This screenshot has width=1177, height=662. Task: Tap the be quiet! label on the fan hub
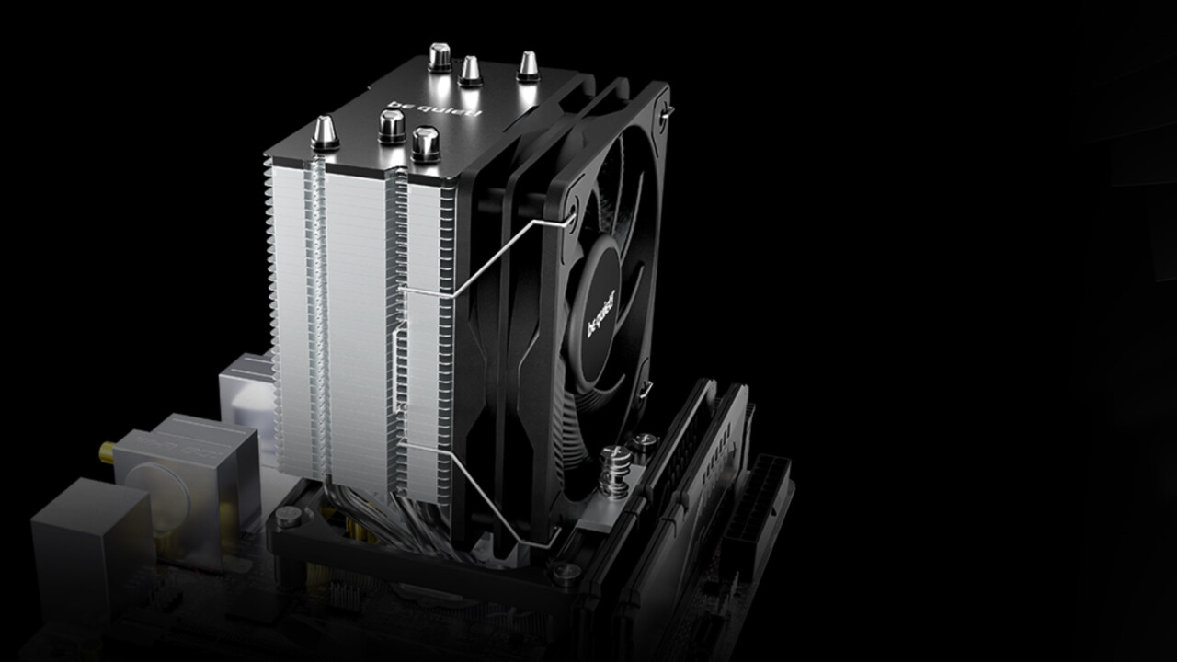[x=600, y=313]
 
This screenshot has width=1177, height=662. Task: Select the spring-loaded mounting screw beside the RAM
[x=616, y=471]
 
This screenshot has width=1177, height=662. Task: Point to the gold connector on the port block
[x=107, y=450]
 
